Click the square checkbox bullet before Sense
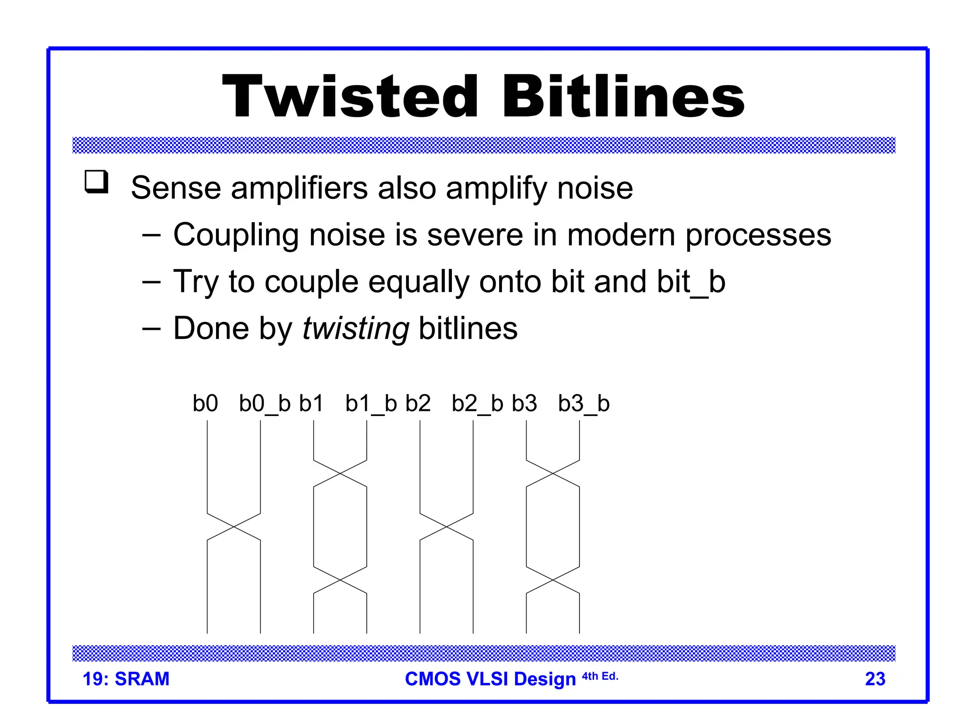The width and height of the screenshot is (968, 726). (x=96, y=182)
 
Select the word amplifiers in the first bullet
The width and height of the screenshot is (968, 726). (x=299, y=188)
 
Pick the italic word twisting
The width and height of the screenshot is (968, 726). (x=355, y=328)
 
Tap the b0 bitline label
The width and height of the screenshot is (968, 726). (x=205, y=404)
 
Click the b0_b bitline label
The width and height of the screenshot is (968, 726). (x=265, y=404)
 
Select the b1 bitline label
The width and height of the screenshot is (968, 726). (x=311, y=404)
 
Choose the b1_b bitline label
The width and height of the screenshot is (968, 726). (x=371, y=404)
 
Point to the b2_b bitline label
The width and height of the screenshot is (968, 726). (x=477, y=404)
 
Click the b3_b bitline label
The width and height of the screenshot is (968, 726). (x=584, y=404)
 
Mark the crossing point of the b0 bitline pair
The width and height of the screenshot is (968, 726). (x=234, y=527)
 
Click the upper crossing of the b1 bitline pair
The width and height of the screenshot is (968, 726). (x=340, y=473)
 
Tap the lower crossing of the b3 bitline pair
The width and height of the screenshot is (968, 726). (x=553, y=580)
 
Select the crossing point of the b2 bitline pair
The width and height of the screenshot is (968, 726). (x=447, y=527)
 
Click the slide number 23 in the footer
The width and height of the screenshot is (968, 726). (x=875, y=679)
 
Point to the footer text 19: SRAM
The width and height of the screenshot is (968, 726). (x=126, y=679)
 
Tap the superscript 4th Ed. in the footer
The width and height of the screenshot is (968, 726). (x=600, y=676)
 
